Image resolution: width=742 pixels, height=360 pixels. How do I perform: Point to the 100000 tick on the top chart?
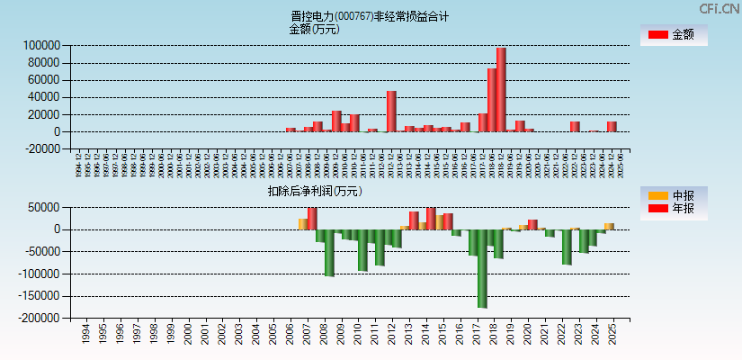(x=41, y=45)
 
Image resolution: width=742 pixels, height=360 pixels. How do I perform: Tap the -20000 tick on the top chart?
(x=41, y=149)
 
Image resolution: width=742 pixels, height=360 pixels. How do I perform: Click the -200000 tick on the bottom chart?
(x=40, y=318)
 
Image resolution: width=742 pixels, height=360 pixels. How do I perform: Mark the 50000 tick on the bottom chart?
(x=45, y=207)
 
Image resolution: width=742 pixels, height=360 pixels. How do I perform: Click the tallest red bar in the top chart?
(x=501, y=90)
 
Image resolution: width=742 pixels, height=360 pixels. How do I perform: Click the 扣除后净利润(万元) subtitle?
(x=314, y=191)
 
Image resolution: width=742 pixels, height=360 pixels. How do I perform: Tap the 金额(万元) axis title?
(x=314, y=29)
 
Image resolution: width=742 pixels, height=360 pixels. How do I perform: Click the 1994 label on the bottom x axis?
(x=85, y=335)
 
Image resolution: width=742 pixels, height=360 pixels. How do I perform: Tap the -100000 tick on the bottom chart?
(x=40, y=274)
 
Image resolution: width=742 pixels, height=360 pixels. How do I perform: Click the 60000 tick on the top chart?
(x=44, y=80)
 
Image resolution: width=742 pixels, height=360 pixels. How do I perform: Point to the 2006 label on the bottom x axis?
(x=289, y=335)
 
